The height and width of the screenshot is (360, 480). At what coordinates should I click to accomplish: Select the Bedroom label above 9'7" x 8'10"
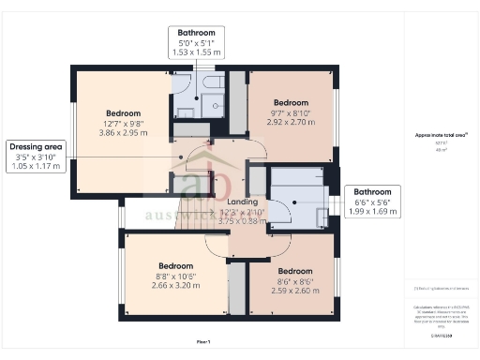(x=290, y=101)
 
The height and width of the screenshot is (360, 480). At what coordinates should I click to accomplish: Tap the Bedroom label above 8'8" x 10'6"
(x=176, y=265)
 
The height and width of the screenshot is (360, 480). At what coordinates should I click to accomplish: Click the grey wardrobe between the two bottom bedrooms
(x=238, y=288)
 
